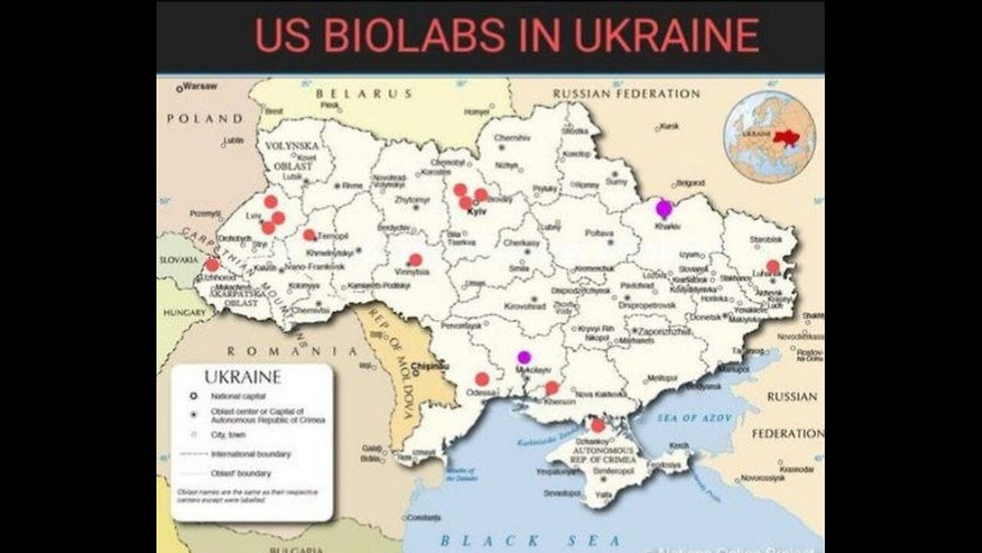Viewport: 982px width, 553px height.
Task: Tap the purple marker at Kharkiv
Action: pyautogui.click(x=664, y=207)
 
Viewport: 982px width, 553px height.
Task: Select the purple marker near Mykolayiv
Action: pyautogui.click(x=524, y=356)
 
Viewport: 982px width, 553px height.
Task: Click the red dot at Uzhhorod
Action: pyautogui.click(x=213, y=265)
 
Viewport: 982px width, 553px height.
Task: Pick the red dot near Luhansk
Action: pyautogui.click(x=773, y=267)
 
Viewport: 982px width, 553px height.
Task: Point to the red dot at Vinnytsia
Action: pyautogui.click(x=415, y=260)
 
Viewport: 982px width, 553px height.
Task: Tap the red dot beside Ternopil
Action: pyautogui.click(x=308, y=235)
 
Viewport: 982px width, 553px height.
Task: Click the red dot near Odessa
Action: pyautogui.click(x=482, y=379)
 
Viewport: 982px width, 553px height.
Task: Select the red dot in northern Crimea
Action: pyautogui.click(x=598, y=426)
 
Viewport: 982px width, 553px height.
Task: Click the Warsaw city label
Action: pyautogui.click(x=200, y=86)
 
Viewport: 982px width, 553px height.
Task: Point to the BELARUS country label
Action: pyautogui.click(x=364, y=94)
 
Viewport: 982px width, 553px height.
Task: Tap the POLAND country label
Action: pyautogui.click(x=204, y=119)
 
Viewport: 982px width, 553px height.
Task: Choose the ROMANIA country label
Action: pyautogui.click(x=292, y=351)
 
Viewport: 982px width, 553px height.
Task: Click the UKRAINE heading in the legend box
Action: pyautogui.click(x=242, y=378)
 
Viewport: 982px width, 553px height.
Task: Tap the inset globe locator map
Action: pyautogui.click(x=769, y=136)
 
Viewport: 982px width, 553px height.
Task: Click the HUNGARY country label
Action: pyautogui.click(x=184, y=313)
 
